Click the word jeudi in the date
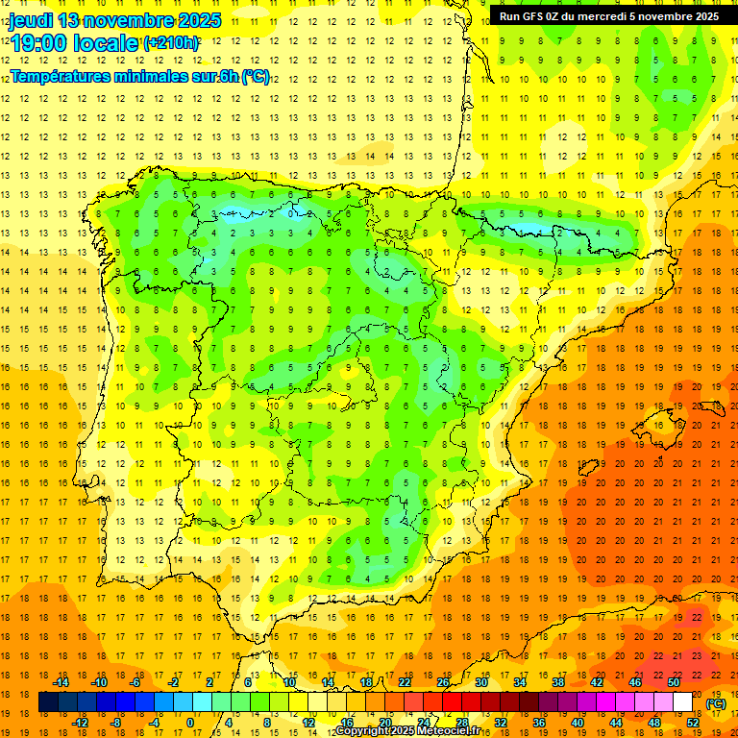tap(32, 20)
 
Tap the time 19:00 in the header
tap(43, 43)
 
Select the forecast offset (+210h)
tap(171, 43)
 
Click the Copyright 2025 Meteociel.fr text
tap(407, 731)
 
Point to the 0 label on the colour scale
tap(190, 722)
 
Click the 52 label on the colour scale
tap(692, 722)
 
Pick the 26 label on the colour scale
tap(443, 682)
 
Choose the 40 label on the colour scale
tap(577, 722)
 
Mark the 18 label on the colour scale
tap(366, 682)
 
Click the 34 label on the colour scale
tap(520, 682)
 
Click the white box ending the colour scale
tap(682, 702)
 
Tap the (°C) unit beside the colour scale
tap(716, 703)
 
